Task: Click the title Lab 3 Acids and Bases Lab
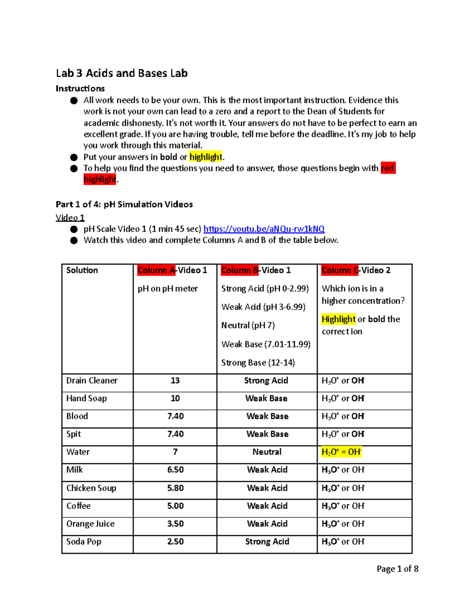pos(122,73)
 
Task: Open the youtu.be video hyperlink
pos(263,229)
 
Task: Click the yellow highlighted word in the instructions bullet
pos(205,157)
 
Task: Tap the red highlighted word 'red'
pos(387,168)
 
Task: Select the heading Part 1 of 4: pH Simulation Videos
pos(124,204)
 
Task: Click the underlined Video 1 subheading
pos(70,217)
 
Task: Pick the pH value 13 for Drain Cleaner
pos(175,381)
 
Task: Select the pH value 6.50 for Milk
pos(175,470)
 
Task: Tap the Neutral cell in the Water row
pos(267,452)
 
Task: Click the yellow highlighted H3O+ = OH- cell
pos(341,452)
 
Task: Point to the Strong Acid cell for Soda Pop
pos(267,542)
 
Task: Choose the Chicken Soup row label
pos(91,488)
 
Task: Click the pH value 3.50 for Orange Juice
pos(175,524)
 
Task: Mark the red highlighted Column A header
pos(156,270)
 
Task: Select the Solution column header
pos(82,270)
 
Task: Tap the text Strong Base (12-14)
pos(258,363)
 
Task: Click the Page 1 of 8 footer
pos(397,569)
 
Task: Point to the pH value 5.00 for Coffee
pos(175,506)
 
